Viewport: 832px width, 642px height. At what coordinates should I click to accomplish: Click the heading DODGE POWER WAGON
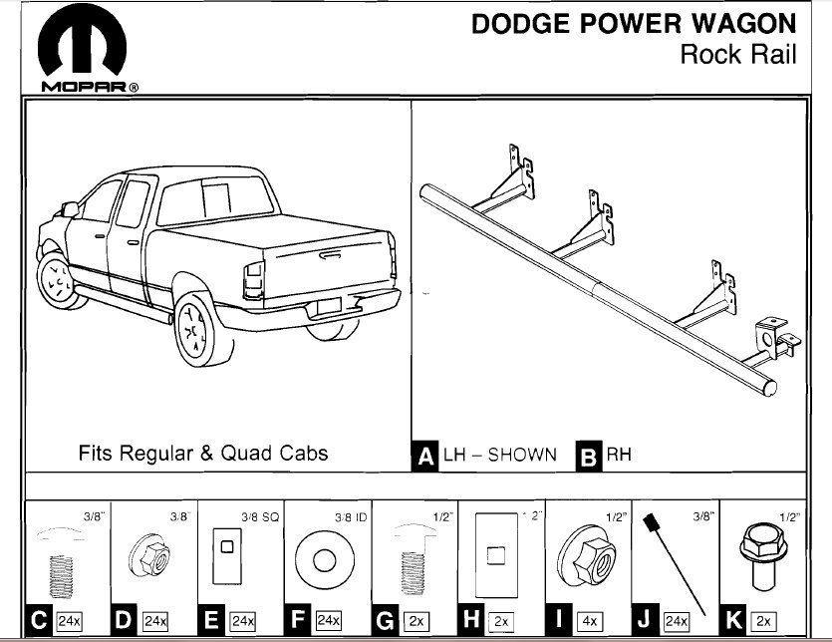point(634,24)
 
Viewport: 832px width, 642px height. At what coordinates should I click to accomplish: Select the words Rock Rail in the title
point(738,54)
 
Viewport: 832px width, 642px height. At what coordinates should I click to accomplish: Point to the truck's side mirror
point(70,209)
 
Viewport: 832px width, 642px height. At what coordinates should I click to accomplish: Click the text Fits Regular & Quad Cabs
point(203,453)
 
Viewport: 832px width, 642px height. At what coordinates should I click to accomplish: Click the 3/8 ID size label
point(349,517)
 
